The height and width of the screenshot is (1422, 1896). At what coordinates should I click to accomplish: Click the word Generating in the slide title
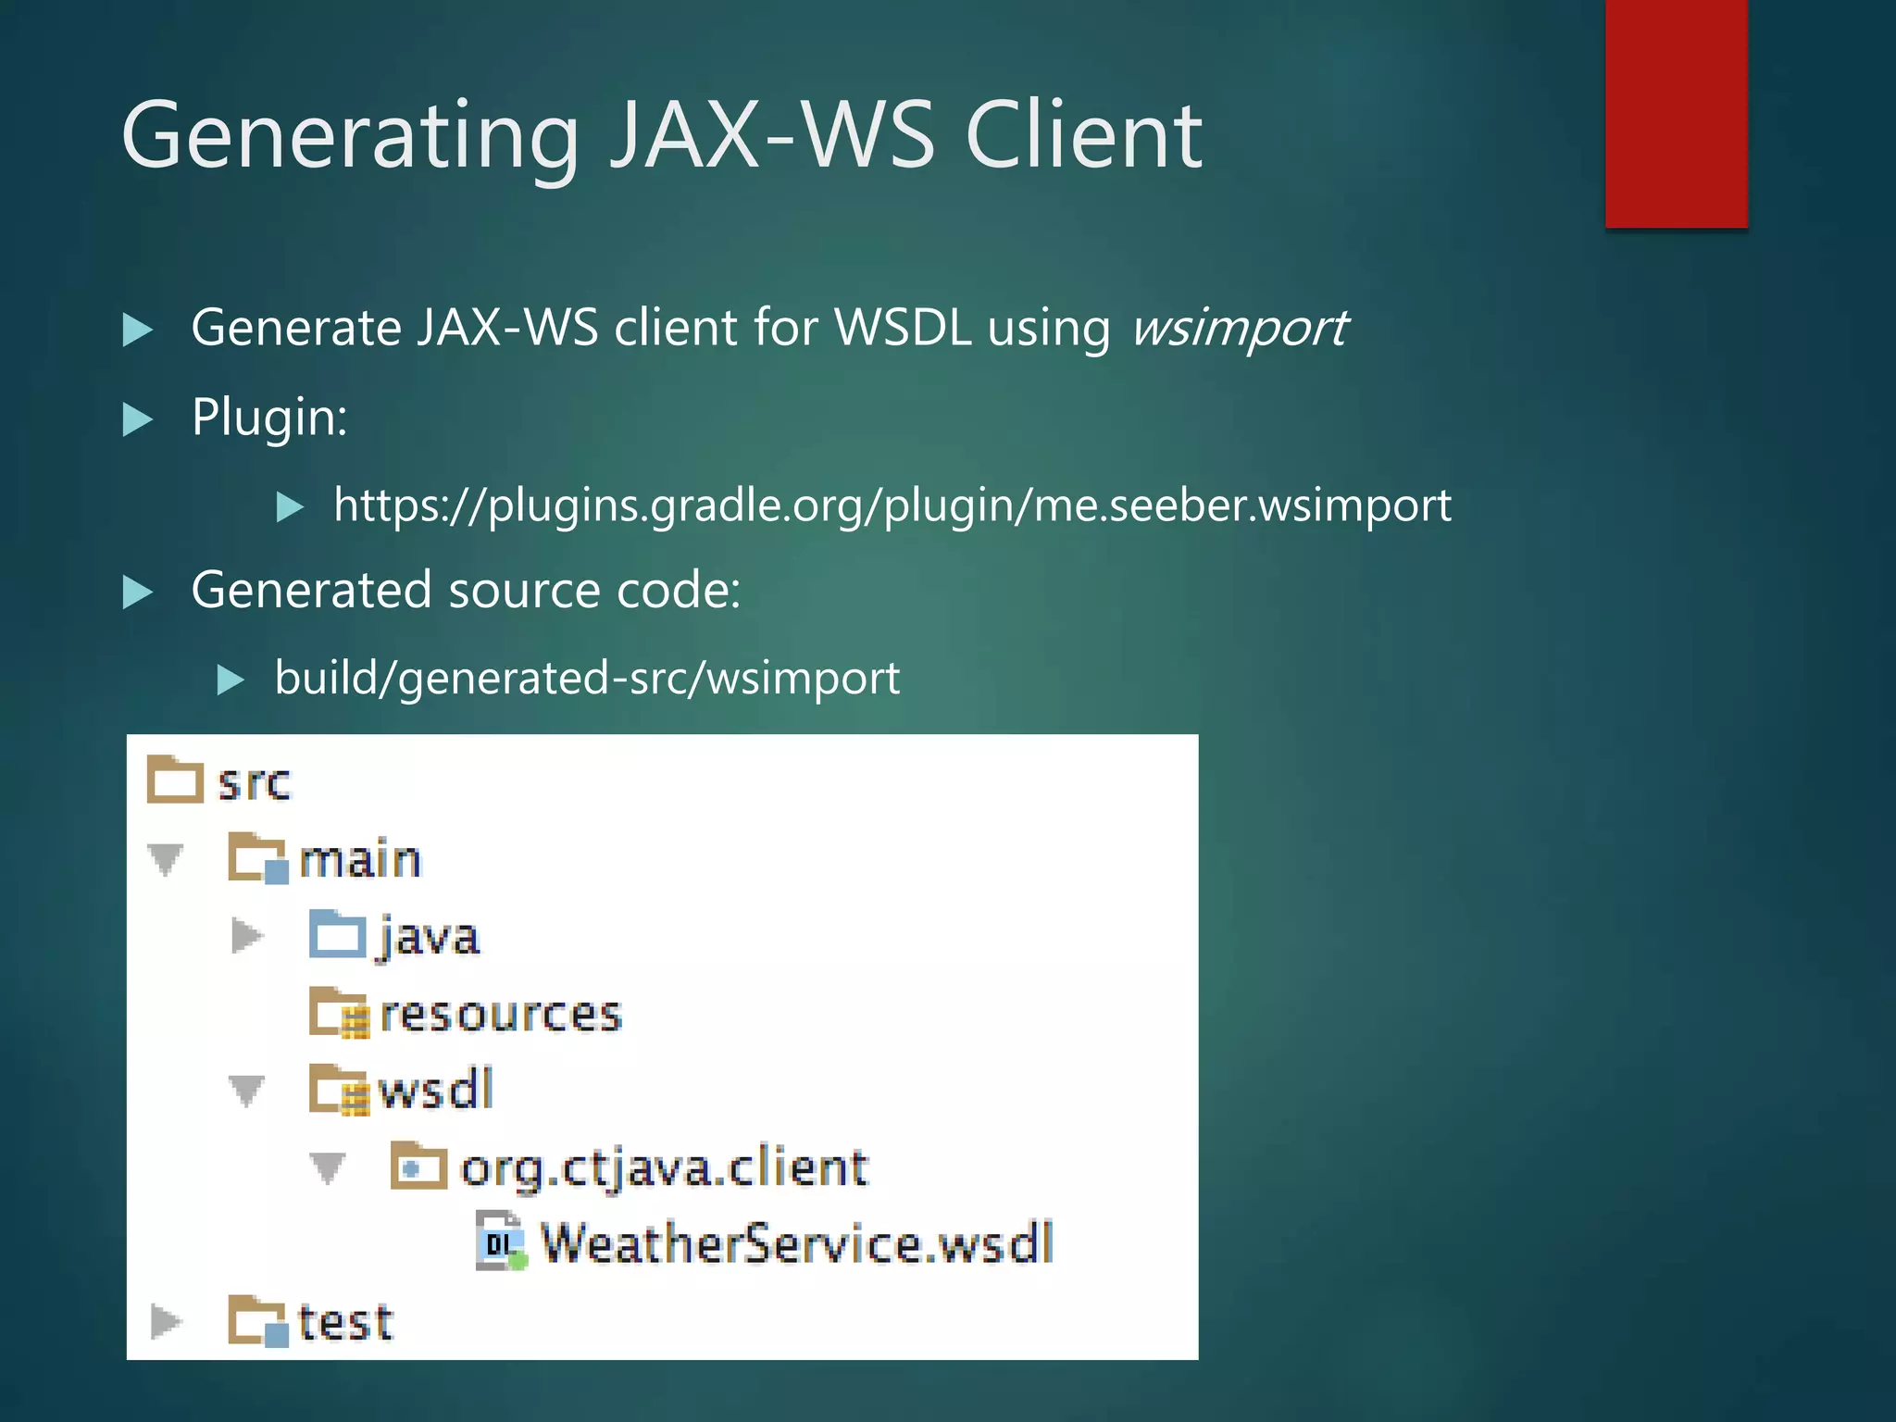pos(350,137)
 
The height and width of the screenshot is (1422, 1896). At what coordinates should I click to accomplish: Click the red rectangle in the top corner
pos(1676,113)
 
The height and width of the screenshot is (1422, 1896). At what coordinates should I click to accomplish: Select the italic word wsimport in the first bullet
pos(1239,329)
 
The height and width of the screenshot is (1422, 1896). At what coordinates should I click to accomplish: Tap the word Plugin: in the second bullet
pos(269,418)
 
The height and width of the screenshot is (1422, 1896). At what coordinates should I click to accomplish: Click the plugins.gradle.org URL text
pos(892,505)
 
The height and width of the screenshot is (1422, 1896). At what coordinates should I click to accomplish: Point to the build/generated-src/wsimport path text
pos(587,679)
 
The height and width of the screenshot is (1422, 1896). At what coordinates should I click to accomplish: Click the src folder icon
pos(175,780)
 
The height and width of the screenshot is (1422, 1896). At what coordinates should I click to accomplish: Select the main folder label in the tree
pos(360,860)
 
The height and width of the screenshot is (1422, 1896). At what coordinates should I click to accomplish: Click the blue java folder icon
pos(337,935)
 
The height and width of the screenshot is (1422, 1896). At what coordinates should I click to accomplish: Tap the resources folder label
pos(501,1014)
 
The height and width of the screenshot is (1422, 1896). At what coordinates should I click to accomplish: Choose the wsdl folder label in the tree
pos(436,1090)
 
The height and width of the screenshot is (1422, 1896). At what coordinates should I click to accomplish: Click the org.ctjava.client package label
pos(664,1167)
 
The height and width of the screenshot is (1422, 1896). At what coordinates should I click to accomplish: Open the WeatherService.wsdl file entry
pos(796,1243)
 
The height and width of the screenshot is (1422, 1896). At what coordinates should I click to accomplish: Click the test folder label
pos(345,1322)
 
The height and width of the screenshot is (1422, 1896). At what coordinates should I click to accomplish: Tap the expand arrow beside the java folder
pos(246,936)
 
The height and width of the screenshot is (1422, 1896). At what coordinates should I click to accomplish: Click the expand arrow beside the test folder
pos(166,1322)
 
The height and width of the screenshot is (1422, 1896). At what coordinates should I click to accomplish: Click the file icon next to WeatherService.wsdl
pos(501,1241)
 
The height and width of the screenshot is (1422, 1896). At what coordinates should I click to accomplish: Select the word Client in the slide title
pos(1083,137)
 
